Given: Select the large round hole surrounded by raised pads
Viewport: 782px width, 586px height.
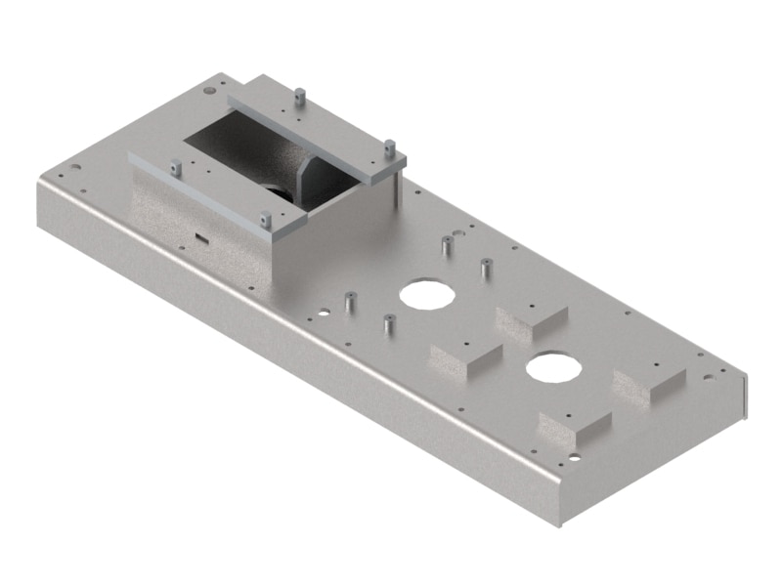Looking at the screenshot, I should click(x=553, y=367).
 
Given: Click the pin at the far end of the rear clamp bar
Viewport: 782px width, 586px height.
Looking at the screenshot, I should click(x=299, y=98).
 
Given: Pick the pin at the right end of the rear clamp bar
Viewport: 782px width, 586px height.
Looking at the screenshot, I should click(x=388, y=149).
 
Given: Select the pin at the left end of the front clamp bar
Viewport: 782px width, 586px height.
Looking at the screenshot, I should click(x=175, y=168).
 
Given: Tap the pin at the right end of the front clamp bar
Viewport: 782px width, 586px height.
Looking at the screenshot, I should click(x=265, y=221).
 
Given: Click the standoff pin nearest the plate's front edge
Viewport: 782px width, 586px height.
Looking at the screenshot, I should click(x=388, y=323).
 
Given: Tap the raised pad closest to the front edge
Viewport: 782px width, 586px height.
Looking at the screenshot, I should click(x=575, y=428).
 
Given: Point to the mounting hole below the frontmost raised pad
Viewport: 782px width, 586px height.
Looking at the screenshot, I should click(x=574, y=456).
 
